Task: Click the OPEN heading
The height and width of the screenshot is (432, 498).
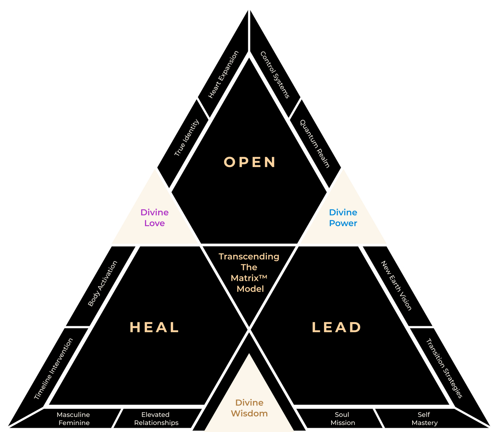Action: tap(250, 162)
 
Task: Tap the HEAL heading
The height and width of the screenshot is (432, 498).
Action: tap(154, 327)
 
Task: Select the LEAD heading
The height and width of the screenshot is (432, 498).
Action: tap(336, 327)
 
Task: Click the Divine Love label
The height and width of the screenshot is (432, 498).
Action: tap(155, 218)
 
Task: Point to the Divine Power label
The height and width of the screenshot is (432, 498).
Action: tap(343, 218)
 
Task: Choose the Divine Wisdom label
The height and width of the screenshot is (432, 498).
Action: tap(249, 408)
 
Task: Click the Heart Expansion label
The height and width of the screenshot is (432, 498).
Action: tap(224, 74)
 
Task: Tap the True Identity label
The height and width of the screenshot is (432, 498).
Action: tap(187, 138)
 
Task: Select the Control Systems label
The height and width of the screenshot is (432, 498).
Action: tap(275, 75)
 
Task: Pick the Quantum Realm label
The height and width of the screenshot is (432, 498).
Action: tap(315, 144)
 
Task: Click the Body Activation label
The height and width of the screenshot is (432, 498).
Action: tap(102, 283)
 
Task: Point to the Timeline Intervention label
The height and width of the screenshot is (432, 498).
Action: tap(54, 369)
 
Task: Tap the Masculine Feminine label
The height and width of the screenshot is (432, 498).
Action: tap(74, 418)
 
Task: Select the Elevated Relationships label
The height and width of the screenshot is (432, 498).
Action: tap(156, 418)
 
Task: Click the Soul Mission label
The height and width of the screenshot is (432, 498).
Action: tap(342, 418)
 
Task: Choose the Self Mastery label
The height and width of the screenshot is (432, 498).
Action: tap(424, 418)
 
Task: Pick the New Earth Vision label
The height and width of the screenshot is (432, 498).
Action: tap(396, 285)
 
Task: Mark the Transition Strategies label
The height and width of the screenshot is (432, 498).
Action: tap(444, 368)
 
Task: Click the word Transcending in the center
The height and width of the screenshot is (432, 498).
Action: tap(249, 256)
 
